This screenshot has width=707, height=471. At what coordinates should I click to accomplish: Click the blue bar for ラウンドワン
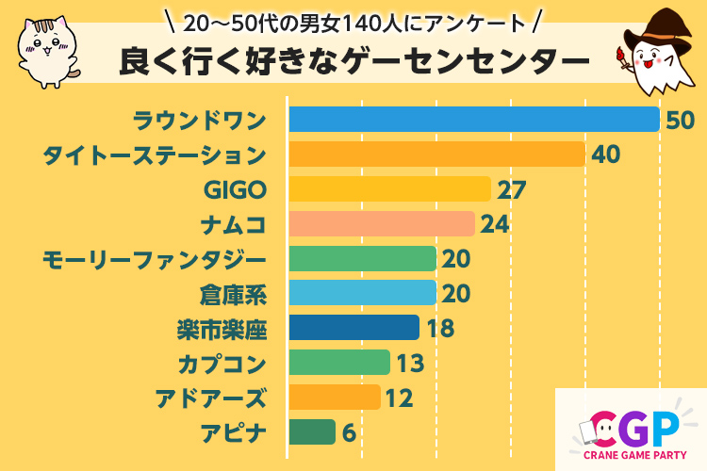click(473, 120)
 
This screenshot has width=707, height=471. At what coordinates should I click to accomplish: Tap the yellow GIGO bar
click(389, 189)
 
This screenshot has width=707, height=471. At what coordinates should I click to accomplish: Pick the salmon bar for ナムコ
click(381, 224)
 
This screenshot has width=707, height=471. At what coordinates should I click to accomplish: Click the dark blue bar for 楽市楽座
click(353, 328)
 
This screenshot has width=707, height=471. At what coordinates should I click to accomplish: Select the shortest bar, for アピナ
click(311, 432)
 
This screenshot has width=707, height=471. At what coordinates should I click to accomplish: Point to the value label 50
click(680, 120)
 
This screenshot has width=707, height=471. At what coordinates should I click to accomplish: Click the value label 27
click(511, 189)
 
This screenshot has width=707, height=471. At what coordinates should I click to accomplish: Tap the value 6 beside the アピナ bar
click(349, 432)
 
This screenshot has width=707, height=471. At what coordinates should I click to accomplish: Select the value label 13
click(409, 363)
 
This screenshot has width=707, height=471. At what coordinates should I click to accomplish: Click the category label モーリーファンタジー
click(155, 259)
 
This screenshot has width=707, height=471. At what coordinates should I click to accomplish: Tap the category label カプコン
click(222, 363)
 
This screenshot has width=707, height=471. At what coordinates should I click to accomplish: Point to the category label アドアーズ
click(211, 398)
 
